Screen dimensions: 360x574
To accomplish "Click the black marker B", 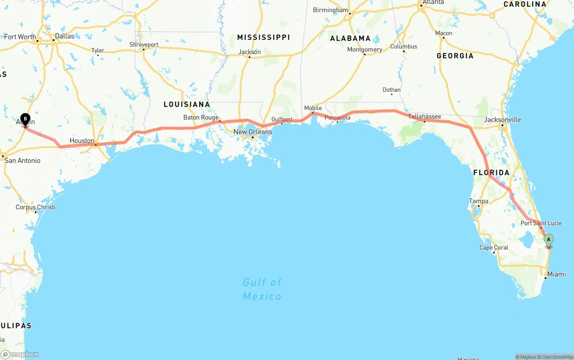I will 25,119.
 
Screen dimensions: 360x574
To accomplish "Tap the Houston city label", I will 82,141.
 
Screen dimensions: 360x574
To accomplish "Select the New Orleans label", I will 252,132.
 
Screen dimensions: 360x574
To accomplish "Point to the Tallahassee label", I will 424,117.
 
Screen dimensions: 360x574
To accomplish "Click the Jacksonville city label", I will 502,120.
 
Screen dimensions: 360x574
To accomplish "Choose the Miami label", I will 557,274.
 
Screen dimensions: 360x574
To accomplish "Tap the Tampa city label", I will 478,201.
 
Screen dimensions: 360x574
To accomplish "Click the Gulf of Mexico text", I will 262,289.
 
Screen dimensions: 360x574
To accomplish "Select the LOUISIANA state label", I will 187,104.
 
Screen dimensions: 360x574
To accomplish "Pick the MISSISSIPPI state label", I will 263,37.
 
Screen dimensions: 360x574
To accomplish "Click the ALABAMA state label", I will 350,39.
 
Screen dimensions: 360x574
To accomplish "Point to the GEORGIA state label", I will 455,56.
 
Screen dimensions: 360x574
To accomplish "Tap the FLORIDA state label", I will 491,173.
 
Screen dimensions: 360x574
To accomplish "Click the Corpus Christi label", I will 35,207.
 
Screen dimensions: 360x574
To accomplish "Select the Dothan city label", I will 391,90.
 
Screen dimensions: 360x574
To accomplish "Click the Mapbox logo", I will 20,355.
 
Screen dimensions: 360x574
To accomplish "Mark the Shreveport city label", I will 143,45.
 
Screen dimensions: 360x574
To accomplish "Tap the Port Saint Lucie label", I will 541,223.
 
